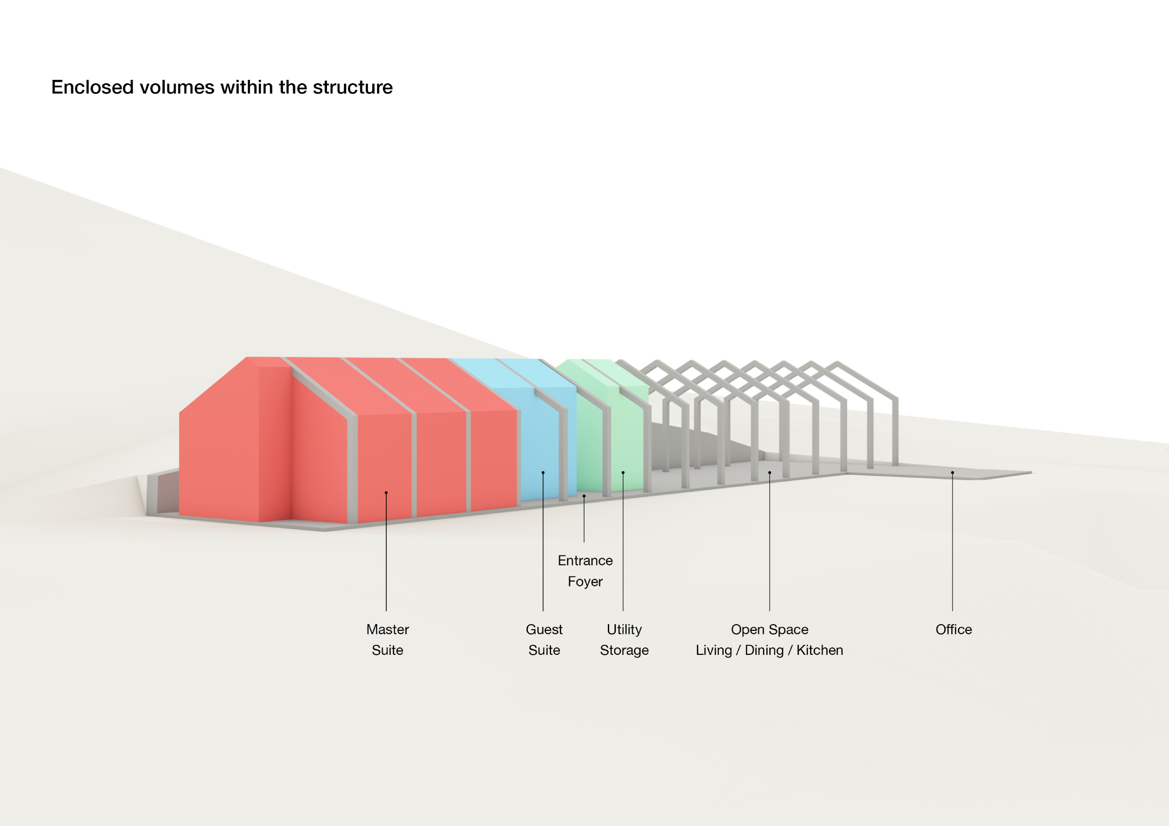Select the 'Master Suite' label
coord(388,640)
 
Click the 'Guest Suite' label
coord(544,640)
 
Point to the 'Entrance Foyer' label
coord(585,570)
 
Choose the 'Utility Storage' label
coord(624,640)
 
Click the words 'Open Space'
coord(769,630)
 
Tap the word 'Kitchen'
coord(819,650)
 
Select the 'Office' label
coord(953,630)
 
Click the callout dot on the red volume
coord(386,493)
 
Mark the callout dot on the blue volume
coord(543,473)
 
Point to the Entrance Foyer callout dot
coord(584,496)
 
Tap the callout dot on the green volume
coord(623,473)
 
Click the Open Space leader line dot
coord(769,473)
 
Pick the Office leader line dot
coord(952,473)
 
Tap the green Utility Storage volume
coord(626,438)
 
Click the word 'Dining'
coord(764,650)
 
